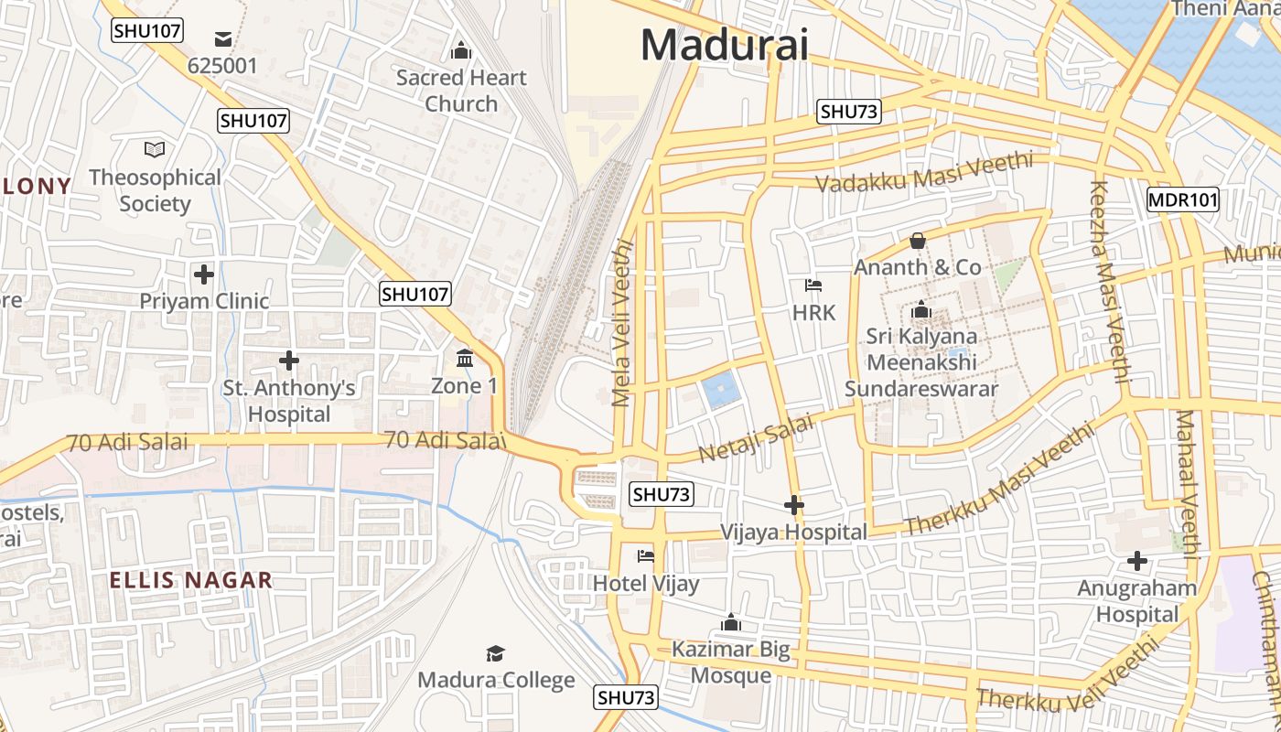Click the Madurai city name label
725,44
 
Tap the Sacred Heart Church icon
461,49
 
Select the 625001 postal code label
222,66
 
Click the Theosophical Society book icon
155,149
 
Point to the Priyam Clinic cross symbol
204,274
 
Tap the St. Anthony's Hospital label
289,401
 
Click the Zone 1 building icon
465,358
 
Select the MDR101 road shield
1182,199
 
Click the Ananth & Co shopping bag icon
917,241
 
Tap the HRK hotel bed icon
813,285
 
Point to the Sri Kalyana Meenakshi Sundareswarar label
920,362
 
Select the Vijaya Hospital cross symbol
793,504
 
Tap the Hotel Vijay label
646,584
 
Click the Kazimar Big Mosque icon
730,623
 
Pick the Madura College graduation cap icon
495,653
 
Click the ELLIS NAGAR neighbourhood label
190,580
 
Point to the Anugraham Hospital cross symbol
1136,560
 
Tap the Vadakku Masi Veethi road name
923,172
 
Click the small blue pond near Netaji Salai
718,391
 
